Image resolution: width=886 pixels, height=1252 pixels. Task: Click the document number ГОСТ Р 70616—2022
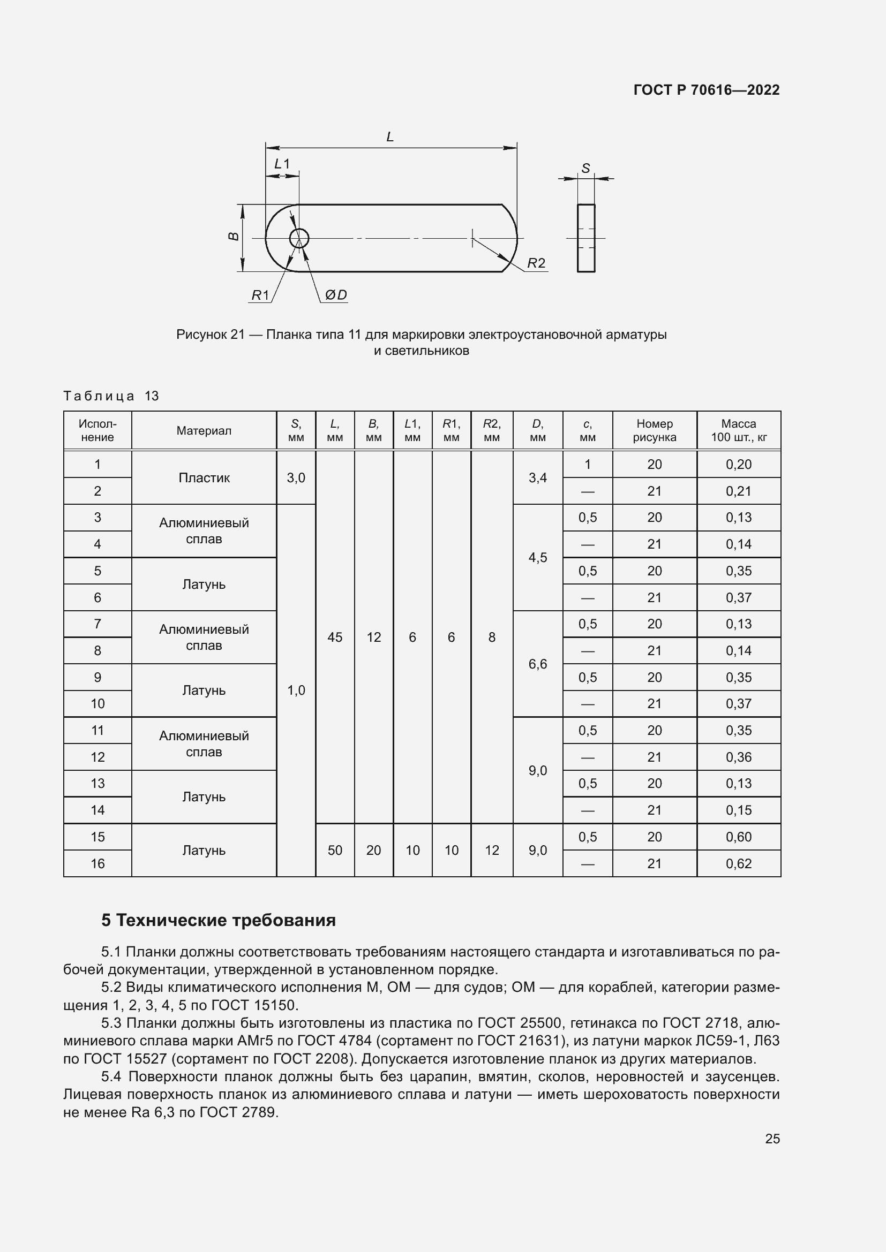(x=707, y=90)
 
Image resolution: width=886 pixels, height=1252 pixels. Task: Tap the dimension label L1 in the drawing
(x=282, y=164)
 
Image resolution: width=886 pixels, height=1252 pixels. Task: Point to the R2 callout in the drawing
(x=536, y=263)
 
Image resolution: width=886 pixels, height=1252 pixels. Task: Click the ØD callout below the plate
(x=335, y=295)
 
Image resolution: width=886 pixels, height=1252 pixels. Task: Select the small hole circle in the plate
(x=299, y=238)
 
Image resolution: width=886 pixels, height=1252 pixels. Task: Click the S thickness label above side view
(x=585, y=169)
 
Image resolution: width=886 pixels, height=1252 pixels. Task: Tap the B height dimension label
(x=234, y=236)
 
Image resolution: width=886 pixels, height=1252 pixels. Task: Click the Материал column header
(x=204, y=431)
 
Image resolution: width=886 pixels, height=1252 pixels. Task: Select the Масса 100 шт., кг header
(x=738, y=431)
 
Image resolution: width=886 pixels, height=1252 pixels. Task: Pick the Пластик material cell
(x=204, y=477)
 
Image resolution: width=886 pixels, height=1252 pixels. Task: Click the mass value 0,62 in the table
(x=738, y=864)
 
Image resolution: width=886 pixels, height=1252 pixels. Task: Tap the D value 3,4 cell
(x=537, y=477)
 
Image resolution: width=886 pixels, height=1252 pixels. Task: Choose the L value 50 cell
(x=334, y=850)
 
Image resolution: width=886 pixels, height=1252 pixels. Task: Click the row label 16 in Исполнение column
(x=97, y=864)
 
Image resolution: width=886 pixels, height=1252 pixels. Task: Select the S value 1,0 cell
(x=296, y=691)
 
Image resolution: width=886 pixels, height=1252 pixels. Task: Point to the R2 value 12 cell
(x=492, y=850)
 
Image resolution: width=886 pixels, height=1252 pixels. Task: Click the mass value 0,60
(x=738, y=837)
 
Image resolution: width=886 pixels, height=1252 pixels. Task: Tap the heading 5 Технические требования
(x=218, y=921)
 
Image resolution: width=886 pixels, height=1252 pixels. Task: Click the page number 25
(x=772, y=1139)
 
